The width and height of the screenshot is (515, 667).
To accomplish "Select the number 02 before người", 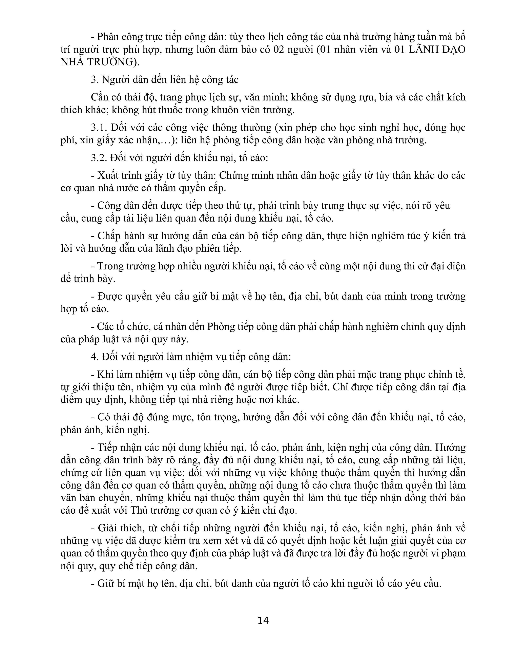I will coord(279,50).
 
